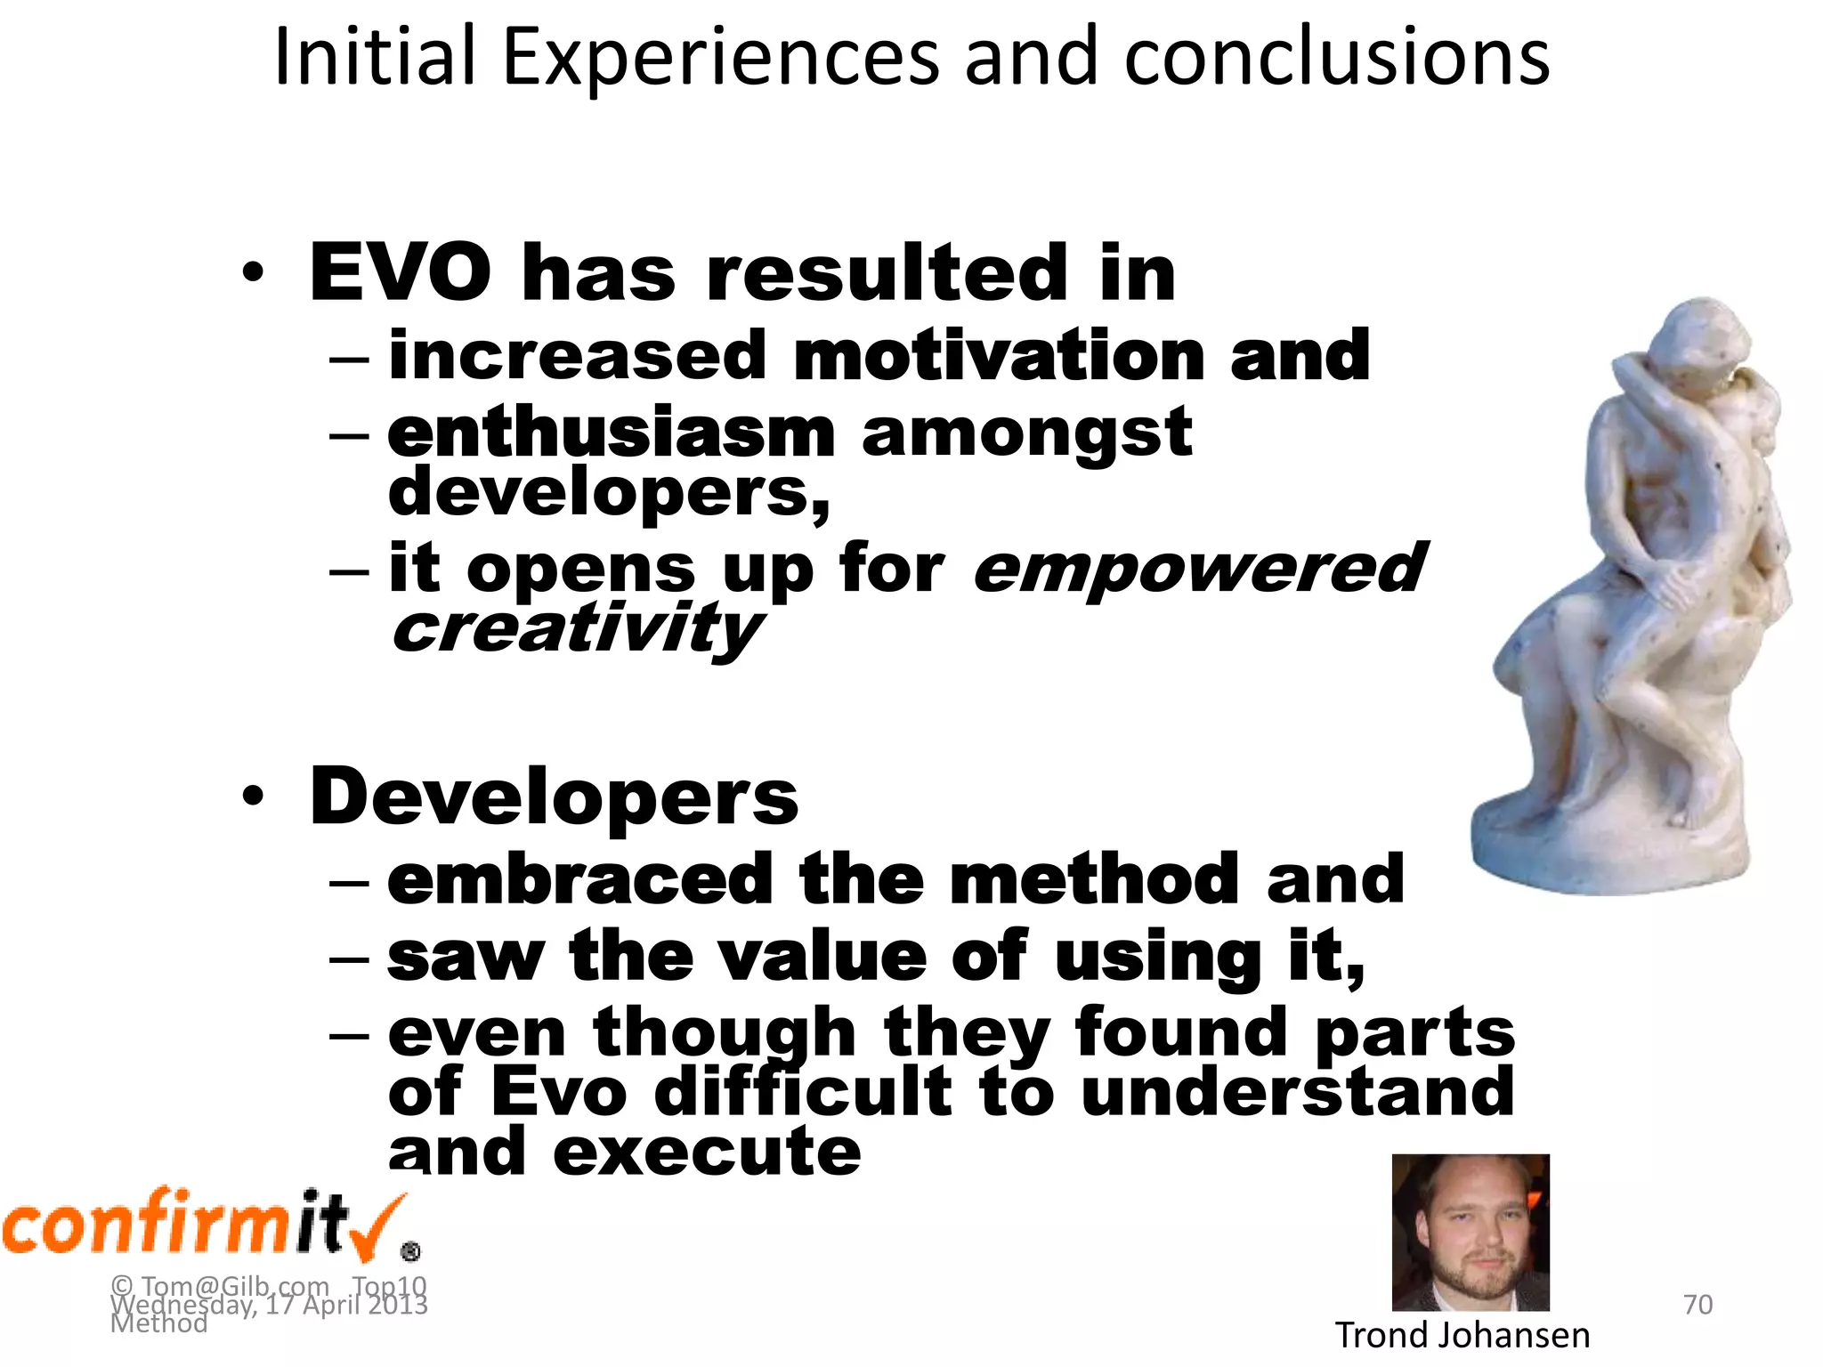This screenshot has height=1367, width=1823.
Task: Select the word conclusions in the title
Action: [1336, 59]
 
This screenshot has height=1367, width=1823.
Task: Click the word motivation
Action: [997, 355]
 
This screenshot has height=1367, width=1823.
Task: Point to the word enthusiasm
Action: [612, 433]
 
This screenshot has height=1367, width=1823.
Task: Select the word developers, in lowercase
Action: [609, 492]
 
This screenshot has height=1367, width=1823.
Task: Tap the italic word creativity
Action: [576, 628]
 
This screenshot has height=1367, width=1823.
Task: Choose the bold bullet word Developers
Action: [554, 797]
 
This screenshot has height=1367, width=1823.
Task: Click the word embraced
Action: [579, 879]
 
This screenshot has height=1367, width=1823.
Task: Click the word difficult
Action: [803, 1092]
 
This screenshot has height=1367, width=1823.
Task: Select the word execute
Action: [707, 1152]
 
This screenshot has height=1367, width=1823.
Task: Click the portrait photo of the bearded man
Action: [1470, 1233]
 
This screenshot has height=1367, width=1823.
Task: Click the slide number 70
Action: [1697, 1305]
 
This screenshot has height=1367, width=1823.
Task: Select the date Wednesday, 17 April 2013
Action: [269, 1305]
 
